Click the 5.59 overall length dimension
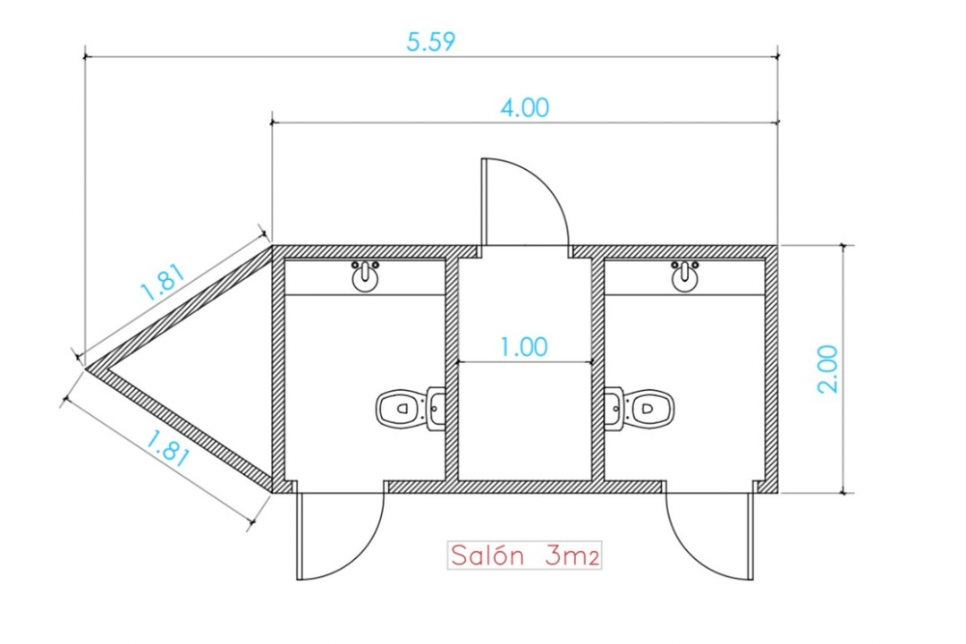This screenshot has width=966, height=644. click(430, 41)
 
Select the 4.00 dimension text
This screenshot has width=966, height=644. click(524, 107)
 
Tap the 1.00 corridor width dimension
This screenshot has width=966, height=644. click(523, 347)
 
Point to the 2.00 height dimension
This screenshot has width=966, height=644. click(828, 369)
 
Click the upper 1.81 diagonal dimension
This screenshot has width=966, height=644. click(164, 283)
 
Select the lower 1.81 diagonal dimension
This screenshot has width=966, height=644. click(167, 448)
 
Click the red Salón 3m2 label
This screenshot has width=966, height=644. click(524, 555)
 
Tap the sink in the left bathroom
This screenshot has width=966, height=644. click(365, 275)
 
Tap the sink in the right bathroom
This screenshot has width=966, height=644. click(684, 275)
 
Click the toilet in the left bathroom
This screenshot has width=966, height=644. click(411, 408)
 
